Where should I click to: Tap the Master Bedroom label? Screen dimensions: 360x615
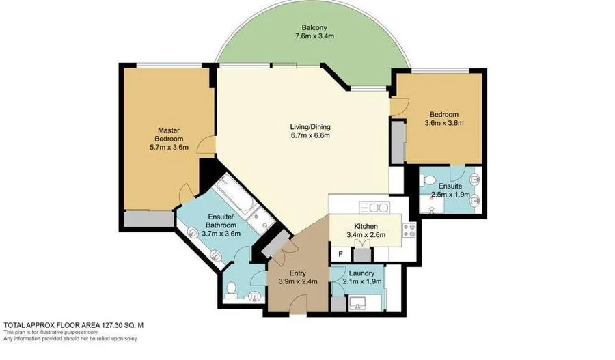(168, 130)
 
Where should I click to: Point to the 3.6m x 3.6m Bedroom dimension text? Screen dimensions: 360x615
(443, 124)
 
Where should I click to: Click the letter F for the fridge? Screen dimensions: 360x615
(340, 253)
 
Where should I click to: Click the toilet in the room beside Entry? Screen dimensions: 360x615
(231, 288)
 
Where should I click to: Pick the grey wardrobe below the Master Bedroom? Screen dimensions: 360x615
(148, 219)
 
